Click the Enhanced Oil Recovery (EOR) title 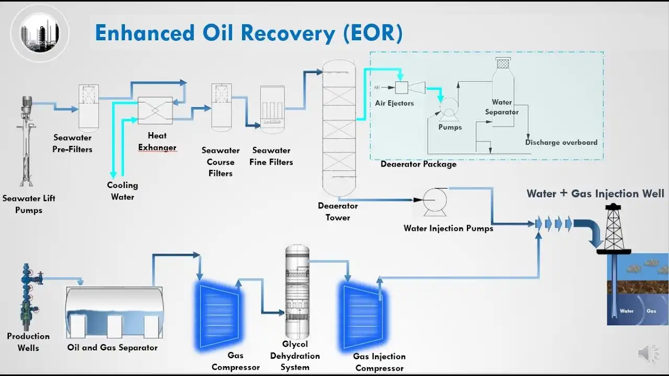[x=249, y=33]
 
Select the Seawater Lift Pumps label [x=29, y=204]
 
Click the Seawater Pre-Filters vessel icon [x=88, y=107]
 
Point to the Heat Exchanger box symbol [x=155, y=111]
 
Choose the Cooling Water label [x=122, y=191]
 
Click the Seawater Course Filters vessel [x=221, y=106]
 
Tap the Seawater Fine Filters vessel [x=272, y=107]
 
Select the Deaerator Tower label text [x=338, y=211]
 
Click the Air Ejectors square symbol [x=401, y=87]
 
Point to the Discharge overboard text [x=561, y=142]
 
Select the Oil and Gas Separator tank [x=113, y=312]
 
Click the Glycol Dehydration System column [x=297, y=291]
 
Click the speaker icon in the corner [x=648, y=354]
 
